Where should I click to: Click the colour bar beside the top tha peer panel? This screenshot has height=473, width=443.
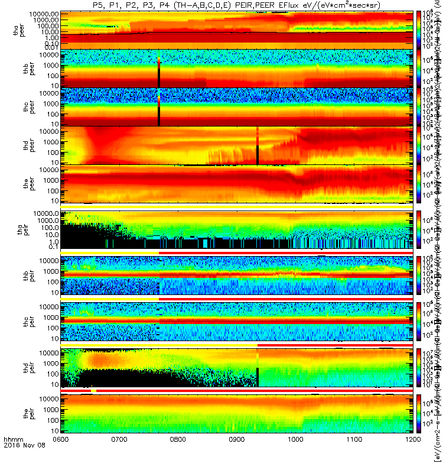click(x=420, y=30)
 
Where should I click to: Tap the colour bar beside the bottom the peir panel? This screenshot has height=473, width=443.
click(x=420, y=416)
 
